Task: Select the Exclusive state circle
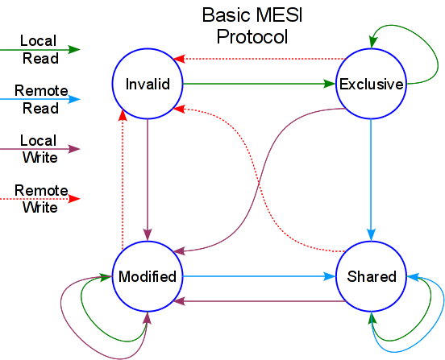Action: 371,84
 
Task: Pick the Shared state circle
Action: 371,276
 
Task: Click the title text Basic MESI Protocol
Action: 247,26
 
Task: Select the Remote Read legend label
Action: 40,99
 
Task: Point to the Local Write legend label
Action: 38,150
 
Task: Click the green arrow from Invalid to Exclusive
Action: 258,82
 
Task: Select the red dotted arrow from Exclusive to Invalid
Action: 258,58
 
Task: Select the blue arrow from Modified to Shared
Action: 258,275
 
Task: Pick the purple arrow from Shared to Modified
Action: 258,301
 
